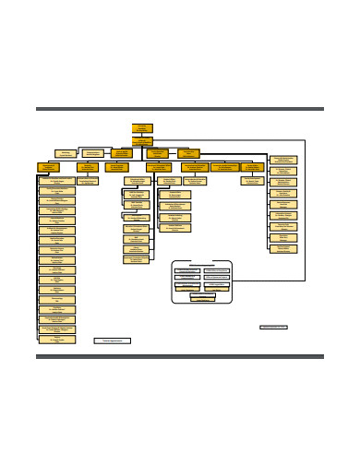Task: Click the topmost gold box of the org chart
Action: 142,128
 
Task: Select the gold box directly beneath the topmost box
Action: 142,141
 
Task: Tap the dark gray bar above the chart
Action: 180,109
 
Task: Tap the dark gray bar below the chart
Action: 180,356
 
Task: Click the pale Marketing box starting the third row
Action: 66,153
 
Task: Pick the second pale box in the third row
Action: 93,153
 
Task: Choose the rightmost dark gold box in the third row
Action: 188,153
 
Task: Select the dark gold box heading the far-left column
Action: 49,167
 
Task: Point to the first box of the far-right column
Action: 282,160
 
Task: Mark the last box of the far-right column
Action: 282,248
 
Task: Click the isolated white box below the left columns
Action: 113,341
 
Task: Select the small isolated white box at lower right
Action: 273,327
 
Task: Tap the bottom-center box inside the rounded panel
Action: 201,297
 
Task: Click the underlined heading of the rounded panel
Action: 201,264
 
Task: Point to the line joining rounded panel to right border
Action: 268,280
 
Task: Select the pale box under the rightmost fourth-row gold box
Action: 252,180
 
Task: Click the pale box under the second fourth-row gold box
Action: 88,181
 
